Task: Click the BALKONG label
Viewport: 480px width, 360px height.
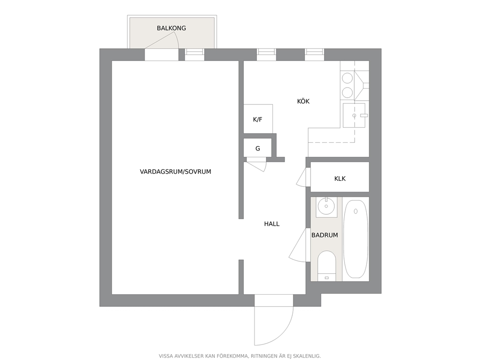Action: (x=171, y=28)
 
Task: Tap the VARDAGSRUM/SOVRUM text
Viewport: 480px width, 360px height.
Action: (x=176, y=172)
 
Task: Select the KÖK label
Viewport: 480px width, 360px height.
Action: (x=303, y=101)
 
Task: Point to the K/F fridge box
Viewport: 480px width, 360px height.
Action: (x=258, y=119)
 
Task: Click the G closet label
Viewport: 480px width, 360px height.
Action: (x=258, y=149)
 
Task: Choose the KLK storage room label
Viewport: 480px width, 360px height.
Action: (x=340, y=179)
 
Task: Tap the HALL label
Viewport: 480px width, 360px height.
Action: (x=272, y=224)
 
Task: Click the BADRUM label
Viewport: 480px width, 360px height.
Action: (x=325, y=235)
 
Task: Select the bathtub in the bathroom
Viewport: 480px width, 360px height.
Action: (x=355, y=239)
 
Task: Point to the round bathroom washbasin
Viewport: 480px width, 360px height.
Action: (x=327, y=206)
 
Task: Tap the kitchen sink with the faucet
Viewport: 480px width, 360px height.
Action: (x=354, y=116)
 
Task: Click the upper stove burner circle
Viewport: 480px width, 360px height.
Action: (x=347, y=77)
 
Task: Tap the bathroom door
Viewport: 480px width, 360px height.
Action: (x=298, y=245)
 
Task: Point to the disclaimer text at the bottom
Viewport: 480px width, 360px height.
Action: (x=240, y=356)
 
